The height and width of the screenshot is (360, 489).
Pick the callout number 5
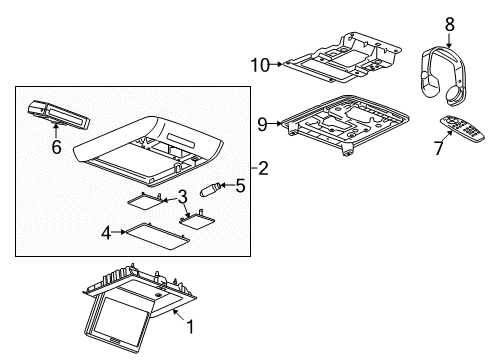click(x=240, y=184)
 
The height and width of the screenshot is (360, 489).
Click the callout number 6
click(x=56, y=148)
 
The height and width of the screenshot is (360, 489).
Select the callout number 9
click(x=263, y=125)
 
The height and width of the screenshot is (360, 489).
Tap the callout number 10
click(x=260, y=65)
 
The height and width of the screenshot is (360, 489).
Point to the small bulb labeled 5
click(x=213, y=187)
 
